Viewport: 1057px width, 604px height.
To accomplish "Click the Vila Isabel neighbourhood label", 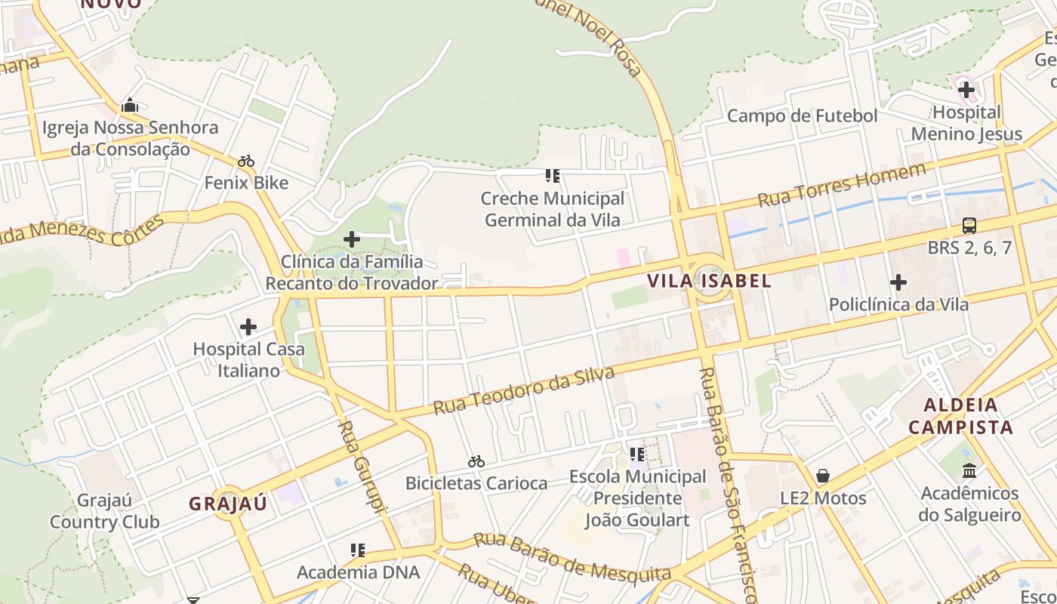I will (x=709, y=282).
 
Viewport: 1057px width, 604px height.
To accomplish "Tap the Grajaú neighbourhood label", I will (x=228, y=504).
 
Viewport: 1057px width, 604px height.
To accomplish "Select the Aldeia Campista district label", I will (x=960, y=416).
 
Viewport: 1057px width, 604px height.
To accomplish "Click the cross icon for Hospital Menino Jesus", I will (x=966, y=91).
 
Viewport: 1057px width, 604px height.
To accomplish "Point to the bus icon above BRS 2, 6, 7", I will (x=969, y=225).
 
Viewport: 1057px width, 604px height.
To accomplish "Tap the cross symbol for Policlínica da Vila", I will (x=898, y=282).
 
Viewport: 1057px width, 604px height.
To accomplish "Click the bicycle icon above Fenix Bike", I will (x=246, y=161).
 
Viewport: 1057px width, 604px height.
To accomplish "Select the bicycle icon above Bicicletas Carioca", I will (x=476, y=461).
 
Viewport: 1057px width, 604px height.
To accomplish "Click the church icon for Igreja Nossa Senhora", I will (x=130, y=105).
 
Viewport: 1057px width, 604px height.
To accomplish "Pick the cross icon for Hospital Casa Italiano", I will (x=248, y=327).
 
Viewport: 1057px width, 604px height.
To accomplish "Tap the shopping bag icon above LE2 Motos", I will (x=823, y=476).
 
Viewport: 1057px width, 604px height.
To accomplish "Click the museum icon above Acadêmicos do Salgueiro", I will (x=969, y=471).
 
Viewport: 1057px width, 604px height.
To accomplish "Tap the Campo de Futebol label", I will (x=802, y=116).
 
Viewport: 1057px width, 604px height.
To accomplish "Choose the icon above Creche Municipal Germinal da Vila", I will (x=553, y=176).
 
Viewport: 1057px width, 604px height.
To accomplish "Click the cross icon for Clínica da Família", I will (x=351, y=239).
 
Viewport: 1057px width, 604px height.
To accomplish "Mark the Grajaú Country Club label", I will (x=105, y=511).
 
